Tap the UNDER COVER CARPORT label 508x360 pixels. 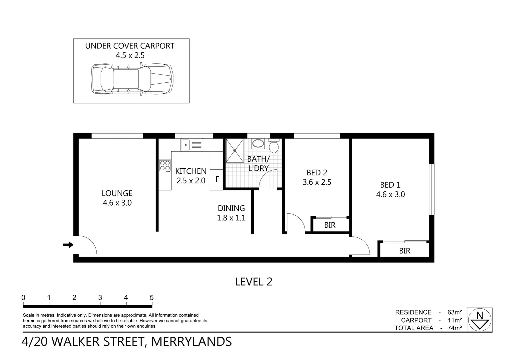[130, 46]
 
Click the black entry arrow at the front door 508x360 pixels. [68, 245]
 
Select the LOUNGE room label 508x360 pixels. [117, 193]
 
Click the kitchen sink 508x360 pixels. [191, 145]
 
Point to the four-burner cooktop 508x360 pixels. [165, 166]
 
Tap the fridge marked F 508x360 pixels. [217, 179]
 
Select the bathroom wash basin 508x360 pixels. [257, 144]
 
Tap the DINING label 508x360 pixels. [231, 208]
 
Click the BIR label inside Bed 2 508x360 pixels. [329, 225]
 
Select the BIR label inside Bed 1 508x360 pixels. [404, 251]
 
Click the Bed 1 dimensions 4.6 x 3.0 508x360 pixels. [390, 194]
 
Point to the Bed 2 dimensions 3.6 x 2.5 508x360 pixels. [317, 182]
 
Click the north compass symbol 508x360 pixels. [479, 319]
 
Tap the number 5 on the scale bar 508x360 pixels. [152, 298]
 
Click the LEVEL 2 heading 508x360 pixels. [254, 282]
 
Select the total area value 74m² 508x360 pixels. [454, 328]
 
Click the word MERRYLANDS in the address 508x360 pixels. [192, 342]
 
